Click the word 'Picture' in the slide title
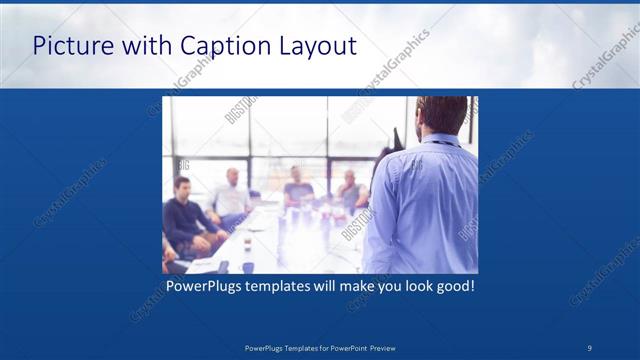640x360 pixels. click(x=73, y=45)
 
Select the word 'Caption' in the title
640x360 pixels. click(x=218, y=45)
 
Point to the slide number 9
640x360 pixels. click(x=590, y=347)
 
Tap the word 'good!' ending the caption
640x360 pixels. click(x=453, y=287)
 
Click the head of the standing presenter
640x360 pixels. click(x=440, y=115)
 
